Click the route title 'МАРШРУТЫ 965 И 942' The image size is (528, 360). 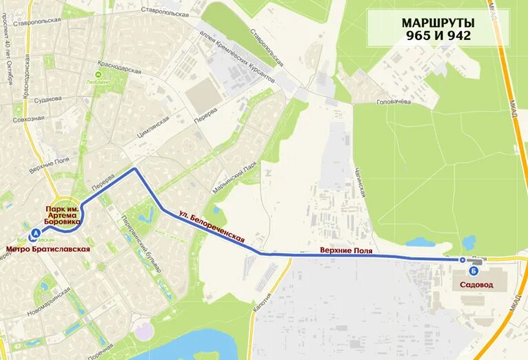[438, 29]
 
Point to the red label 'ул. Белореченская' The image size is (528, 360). [212, 226]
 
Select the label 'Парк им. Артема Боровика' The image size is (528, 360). [61, 214]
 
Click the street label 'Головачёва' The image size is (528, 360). [393, 102]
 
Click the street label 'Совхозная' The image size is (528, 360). [28, 118]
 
